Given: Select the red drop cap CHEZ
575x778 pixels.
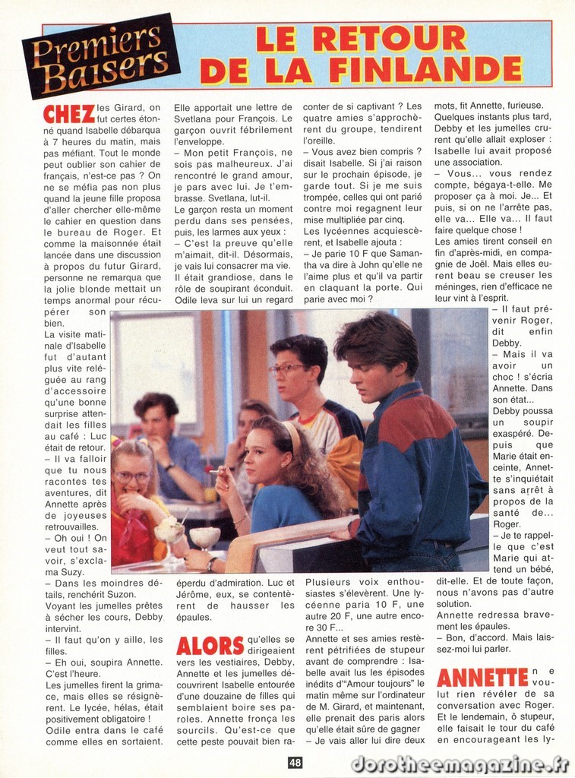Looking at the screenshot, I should click(x=69, y=114).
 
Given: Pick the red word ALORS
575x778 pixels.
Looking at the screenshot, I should click(x=210, y=646).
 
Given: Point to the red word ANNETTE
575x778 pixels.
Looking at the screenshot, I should click(x=482, y=677).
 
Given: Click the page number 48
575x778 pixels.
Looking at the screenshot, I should click(x=295, y=762).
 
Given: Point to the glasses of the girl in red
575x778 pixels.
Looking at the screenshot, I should click(x=132, y=477).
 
